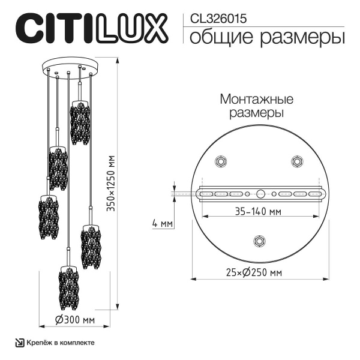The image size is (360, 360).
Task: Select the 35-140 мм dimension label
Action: (x=259, y=211)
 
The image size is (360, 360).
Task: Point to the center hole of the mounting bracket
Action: (x=259, y=194)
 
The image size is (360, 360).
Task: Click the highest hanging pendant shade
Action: (x=78, y=122)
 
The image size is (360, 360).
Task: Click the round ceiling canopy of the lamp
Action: (x=69, y=65)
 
